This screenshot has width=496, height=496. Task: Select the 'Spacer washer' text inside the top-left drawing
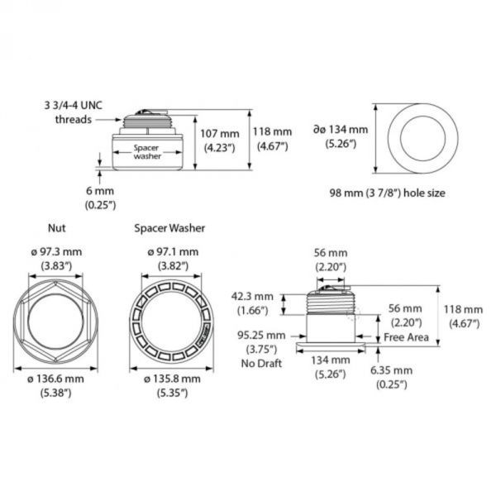147,150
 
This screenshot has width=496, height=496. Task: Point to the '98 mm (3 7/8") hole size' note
386,193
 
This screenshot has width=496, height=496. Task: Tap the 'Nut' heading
57,227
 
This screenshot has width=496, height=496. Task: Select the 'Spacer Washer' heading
169,227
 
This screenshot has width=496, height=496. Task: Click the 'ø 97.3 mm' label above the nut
56,251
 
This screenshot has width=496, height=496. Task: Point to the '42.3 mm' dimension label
252,296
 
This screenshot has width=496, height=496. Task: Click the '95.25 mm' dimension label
262,336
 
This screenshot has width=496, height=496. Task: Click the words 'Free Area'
405,338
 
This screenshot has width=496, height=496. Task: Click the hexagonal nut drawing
56,315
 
